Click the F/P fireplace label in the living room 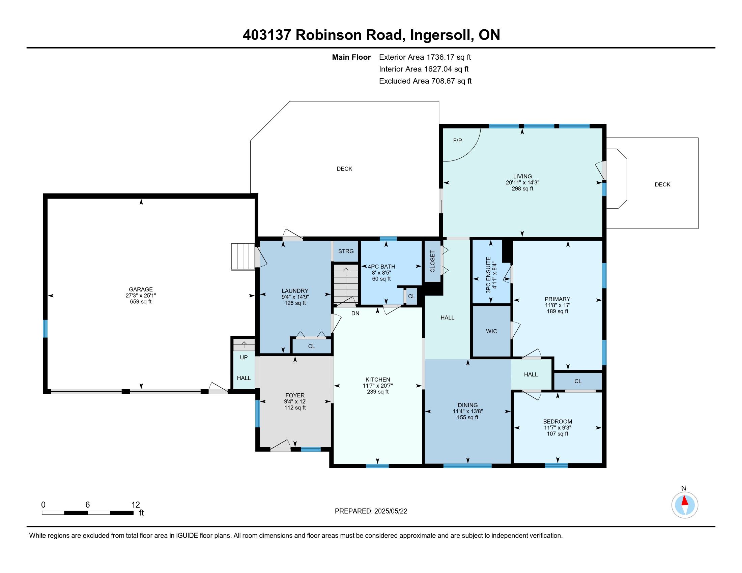(x=457, y=141)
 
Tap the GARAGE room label (x=141, y=289)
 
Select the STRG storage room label (x=346, y=251)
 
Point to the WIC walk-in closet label (x=491, y=331)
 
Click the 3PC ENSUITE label (x=489, y=275)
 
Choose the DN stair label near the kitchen (x=355, y=313)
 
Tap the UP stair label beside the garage (x=244, y=357)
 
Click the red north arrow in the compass (x=685, y=501)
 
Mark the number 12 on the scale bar (x=136, y=505)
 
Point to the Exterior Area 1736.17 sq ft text (x=425, y=57)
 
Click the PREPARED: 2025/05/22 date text (x=371, y=511)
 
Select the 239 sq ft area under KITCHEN (x=377, y=392)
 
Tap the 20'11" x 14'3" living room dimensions (x=522, y=183)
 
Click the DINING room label (x=467, y=405)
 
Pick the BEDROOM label (x=557, y=422)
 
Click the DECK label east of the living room (x=662, y=185)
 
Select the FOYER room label (x=295, y=395)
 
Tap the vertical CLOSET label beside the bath (x=432, y=261)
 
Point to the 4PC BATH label (x=381, y=267)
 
